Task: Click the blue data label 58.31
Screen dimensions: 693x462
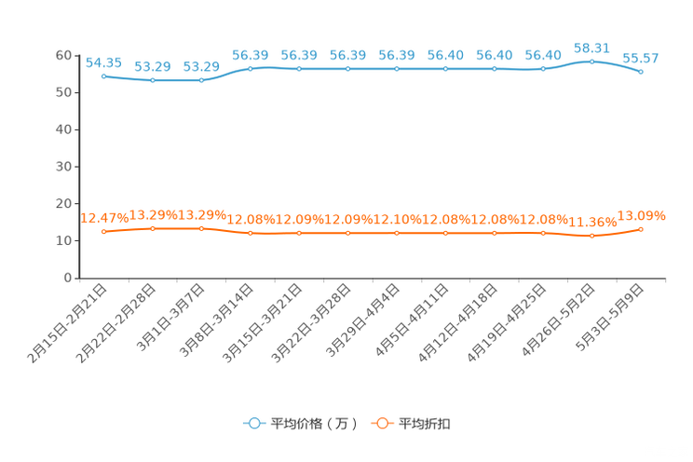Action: (x=591, y=48)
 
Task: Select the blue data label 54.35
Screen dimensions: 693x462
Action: (x=103, y=62)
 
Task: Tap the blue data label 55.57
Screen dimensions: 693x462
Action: (x=641, y=58)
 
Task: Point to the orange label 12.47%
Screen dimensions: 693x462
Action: (x=104, y=218)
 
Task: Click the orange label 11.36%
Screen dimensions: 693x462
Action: (x=592, y=222)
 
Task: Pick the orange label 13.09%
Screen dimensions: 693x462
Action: (x=641, y=216)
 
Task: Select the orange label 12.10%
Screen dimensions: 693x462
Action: (x=397, y=219)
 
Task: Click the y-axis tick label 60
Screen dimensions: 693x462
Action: (x=63, y=55)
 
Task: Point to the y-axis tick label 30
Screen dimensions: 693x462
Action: (x=63, y=167)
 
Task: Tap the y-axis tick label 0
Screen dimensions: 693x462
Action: (x=68, y=278)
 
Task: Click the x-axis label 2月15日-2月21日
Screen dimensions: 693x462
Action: (x=67, y=323)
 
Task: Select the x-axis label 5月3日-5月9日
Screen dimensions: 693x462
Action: (x=610, y=318)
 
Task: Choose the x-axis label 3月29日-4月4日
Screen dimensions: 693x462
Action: (x=363, y=320)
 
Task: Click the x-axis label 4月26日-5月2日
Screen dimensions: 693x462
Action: (x=558, y=320)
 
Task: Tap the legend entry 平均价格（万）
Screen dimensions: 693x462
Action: (x=300, y=424)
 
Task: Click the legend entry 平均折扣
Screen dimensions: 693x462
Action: (x=411, y=424)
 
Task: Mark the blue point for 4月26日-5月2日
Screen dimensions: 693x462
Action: (x=591, y=61)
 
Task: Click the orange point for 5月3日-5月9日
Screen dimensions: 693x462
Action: (x=641, y=229)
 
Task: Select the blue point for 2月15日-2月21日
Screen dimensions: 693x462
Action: (x=104, y=76)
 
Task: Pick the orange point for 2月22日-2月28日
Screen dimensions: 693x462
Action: (x=153, y=228)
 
